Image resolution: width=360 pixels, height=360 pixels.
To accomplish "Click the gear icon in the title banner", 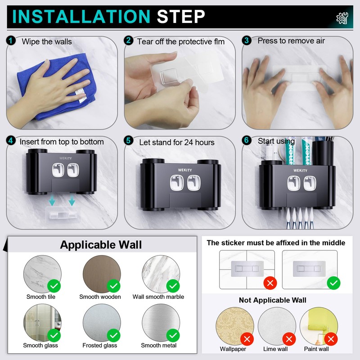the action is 342,18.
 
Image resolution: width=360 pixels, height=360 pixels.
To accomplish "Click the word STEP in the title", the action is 181,17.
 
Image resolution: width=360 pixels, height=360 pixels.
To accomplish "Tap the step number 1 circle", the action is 10,41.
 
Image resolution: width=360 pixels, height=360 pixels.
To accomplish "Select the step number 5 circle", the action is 128,140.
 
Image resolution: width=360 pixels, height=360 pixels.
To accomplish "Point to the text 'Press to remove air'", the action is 291,40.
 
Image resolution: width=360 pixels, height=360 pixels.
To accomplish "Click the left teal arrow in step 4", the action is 52,200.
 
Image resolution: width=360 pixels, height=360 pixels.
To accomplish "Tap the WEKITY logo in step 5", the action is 185,170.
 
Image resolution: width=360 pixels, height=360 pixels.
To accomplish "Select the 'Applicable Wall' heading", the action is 101,245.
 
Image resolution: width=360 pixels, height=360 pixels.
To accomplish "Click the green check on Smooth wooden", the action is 114,286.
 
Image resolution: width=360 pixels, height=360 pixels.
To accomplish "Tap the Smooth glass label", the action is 40,345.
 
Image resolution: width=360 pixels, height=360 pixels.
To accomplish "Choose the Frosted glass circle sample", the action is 102,323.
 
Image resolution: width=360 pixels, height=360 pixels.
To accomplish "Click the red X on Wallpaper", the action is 247,339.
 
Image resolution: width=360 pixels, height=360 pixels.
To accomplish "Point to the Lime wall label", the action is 275,349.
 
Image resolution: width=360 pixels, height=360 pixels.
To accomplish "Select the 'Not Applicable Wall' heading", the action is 273,300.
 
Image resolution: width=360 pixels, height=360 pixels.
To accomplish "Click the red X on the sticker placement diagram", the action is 270,283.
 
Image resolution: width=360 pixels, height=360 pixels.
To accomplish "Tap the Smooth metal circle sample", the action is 161,323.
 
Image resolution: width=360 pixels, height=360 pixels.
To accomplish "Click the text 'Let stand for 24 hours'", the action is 177,142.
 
